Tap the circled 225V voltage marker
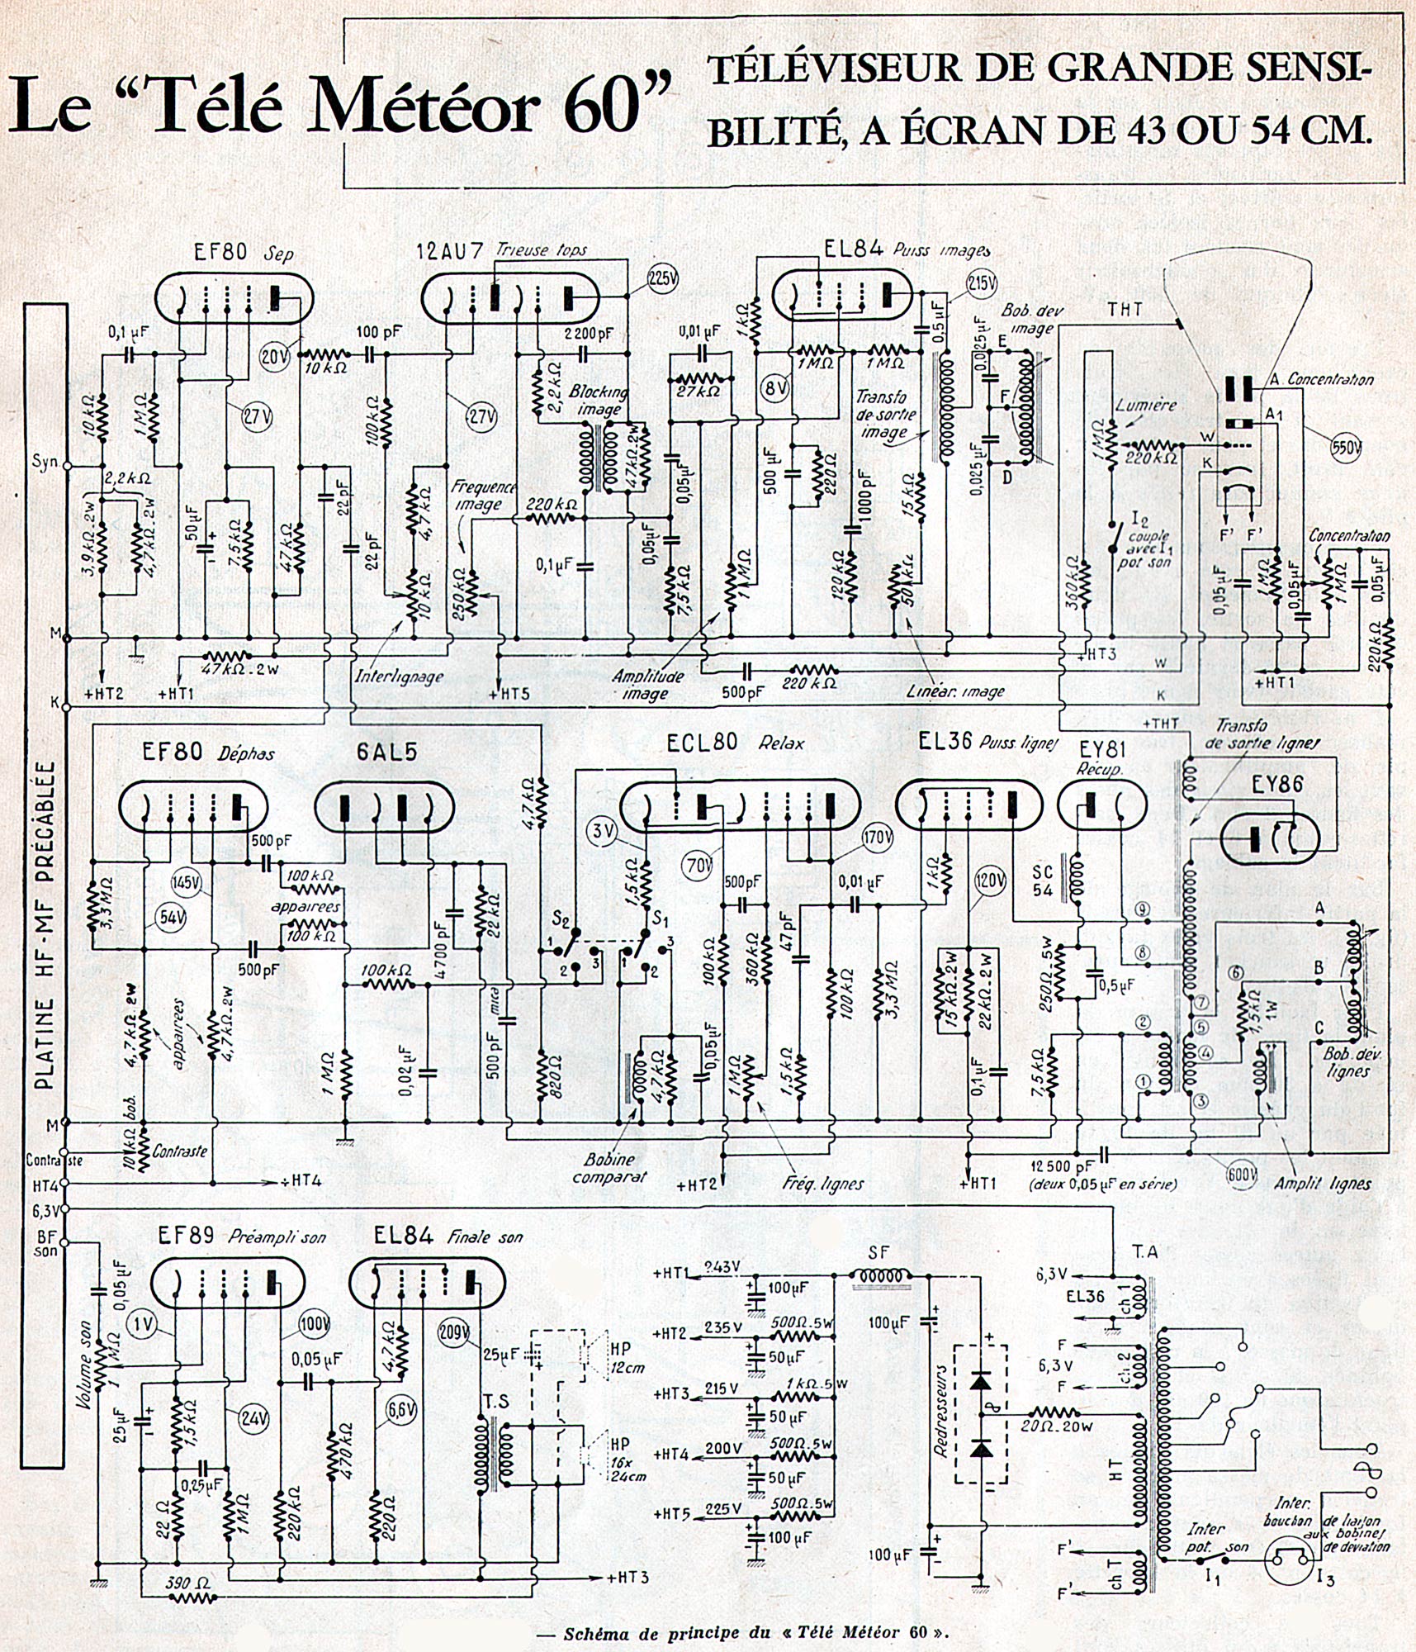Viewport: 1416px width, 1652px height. [661, 279]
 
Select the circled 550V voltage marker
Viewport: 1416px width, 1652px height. [1346, 447]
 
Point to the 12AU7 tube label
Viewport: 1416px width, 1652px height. [452, 249]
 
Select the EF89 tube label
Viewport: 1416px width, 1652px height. [187, 1236]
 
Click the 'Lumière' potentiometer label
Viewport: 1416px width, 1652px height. [1145, 406]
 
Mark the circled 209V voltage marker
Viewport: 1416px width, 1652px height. [454, 1333]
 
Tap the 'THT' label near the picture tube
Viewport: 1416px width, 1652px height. [1125, 310]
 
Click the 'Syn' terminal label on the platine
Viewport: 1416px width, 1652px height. [45, 460]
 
